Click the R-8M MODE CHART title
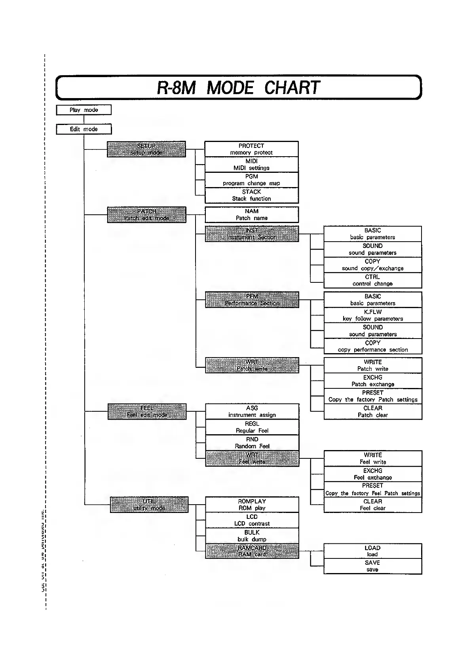click(238, 87)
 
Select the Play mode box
click(84, 110)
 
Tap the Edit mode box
click(84, 129)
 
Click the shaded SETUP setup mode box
click(146, 149)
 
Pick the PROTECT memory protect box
click(251, 149)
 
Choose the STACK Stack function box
click(251, 195)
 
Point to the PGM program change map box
click(251, 180)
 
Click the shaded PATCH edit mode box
click(146, 215)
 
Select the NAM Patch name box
click(251, 215)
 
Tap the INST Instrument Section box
click(252, 234)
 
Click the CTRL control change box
click(372, 280)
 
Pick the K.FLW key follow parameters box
click(372, 315)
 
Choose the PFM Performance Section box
click(252, 300)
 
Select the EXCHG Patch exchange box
click(373, 381)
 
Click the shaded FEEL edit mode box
click(147, 412)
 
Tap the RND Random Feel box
click(252, 443)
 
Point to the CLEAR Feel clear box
click(373, 505)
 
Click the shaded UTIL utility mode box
click(149, 505)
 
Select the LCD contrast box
click(252, 520)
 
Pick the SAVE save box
click(372, 566)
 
